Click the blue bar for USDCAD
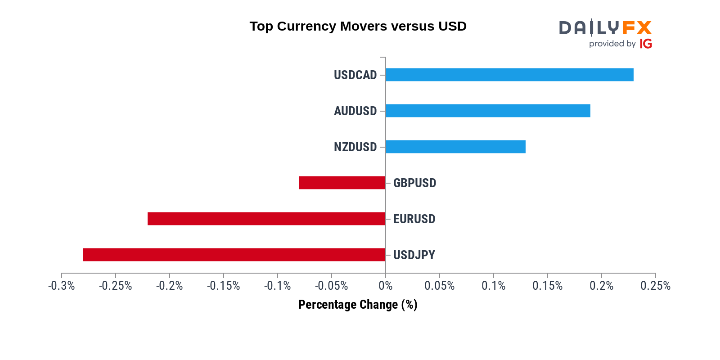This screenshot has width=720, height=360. pos(509,75)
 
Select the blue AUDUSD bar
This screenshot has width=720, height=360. pos(488,111)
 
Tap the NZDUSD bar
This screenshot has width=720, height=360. pos(455,147)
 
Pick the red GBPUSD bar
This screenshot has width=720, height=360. pos(342,183)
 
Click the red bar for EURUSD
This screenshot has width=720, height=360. pos(266,219)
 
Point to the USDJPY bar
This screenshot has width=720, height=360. pos(234,255)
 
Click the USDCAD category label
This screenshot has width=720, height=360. pos(355,75)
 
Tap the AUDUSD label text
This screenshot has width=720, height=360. pos(355,111)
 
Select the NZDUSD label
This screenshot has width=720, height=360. pos(355,147)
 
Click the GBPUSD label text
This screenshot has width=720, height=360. pos(414,183)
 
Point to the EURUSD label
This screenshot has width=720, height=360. pos(414,219)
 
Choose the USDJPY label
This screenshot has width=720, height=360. pos(414,255)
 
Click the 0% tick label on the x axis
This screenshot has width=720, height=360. pos(386,286)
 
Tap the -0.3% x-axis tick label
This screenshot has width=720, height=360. pos(62,286)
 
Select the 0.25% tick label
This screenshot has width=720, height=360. pos(655,286)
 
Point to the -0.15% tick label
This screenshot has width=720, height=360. pos(223,286)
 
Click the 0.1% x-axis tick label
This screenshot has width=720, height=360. pos(494,286)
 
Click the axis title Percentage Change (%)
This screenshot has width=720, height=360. pos(358,305)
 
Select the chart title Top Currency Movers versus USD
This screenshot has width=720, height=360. pos(358,26)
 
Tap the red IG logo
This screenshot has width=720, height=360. pos(646,44)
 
